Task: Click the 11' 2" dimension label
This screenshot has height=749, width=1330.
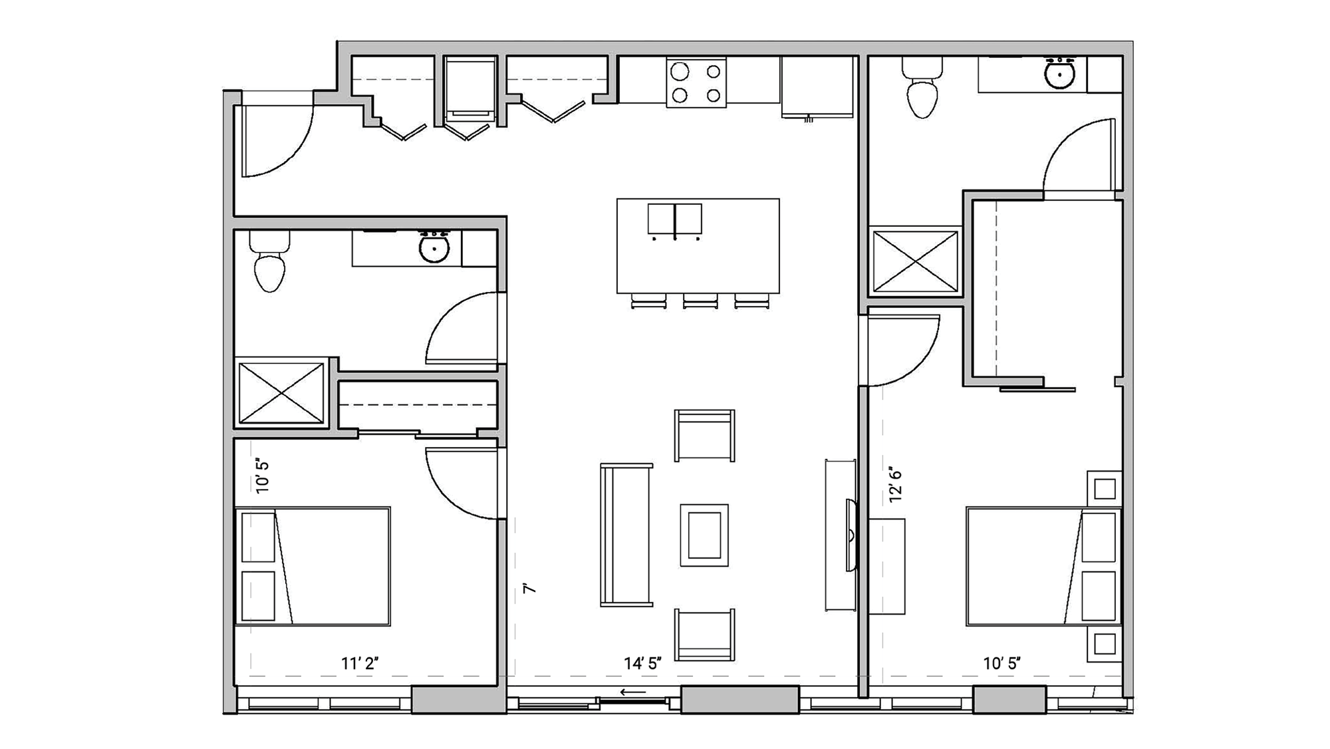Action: [360, 663]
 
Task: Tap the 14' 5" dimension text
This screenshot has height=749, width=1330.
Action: [642, 663]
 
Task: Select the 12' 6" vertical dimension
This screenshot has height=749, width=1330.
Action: [896, 485]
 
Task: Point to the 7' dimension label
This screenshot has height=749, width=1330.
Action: [529, 588]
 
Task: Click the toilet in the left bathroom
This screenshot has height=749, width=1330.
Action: [269, 263]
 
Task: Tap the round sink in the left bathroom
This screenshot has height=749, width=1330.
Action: [434, 249]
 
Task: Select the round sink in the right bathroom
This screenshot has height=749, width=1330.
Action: [1059, 75]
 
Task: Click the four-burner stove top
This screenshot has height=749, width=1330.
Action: [696, 82]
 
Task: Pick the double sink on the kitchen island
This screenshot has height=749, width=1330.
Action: [675, 220]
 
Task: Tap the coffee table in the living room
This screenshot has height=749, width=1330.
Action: [704, 535]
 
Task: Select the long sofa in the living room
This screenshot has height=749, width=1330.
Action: [626, 535]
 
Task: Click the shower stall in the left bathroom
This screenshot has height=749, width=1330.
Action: [281, 393]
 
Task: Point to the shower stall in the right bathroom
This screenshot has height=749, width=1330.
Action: [915, 261]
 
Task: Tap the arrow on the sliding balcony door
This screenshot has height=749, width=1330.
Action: [632, 692]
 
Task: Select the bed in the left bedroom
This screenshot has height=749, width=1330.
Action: [313, 567]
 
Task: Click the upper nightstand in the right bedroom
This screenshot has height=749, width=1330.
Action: [1105, 489]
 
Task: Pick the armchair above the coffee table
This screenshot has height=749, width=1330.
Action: [704, 435]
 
